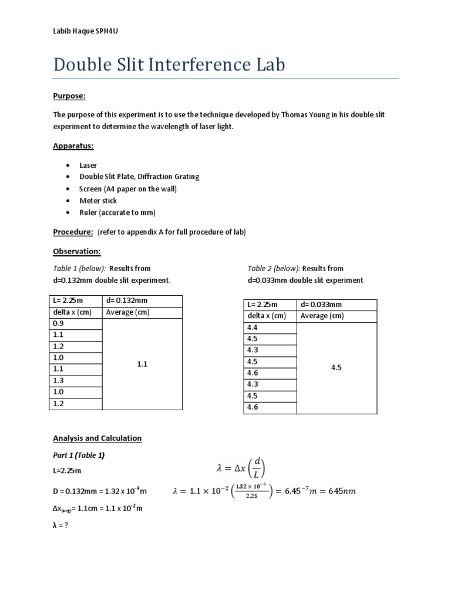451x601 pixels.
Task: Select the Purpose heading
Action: tap(69, 96)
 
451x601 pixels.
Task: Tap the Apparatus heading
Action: tap(73, 146)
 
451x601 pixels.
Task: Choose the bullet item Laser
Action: tap(88, 166)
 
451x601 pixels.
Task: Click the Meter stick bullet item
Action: tap(98, 201)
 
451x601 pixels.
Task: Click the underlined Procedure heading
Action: tap(73, 232)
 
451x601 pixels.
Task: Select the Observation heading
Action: tap(77, 251)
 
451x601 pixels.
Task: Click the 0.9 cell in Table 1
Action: tap(58, 324)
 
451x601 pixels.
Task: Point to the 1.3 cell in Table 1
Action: tap(58, 380)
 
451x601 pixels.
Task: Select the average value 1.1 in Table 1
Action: tap(142, 364)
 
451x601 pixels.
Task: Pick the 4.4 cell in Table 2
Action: tap(253, 327)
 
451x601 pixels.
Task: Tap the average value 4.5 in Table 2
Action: tap(336, 367)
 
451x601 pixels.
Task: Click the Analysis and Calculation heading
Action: tap(97, 438)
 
